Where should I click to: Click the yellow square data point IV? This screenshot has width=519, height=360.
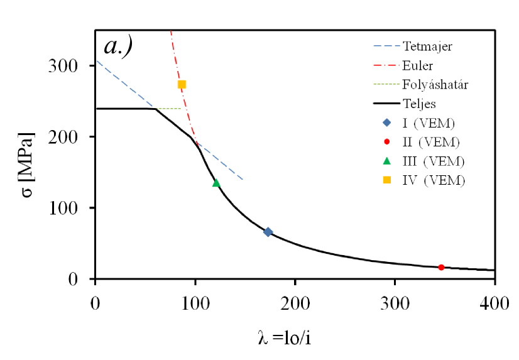tap(182, 84)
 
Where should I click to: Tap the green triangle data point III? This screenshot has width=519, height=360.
tap(216, 183)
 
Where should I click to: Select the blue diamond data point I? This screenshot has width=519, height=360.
tap(268, 232)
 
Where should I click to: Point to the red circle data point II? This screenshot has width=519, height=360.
tap(441, 267)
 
